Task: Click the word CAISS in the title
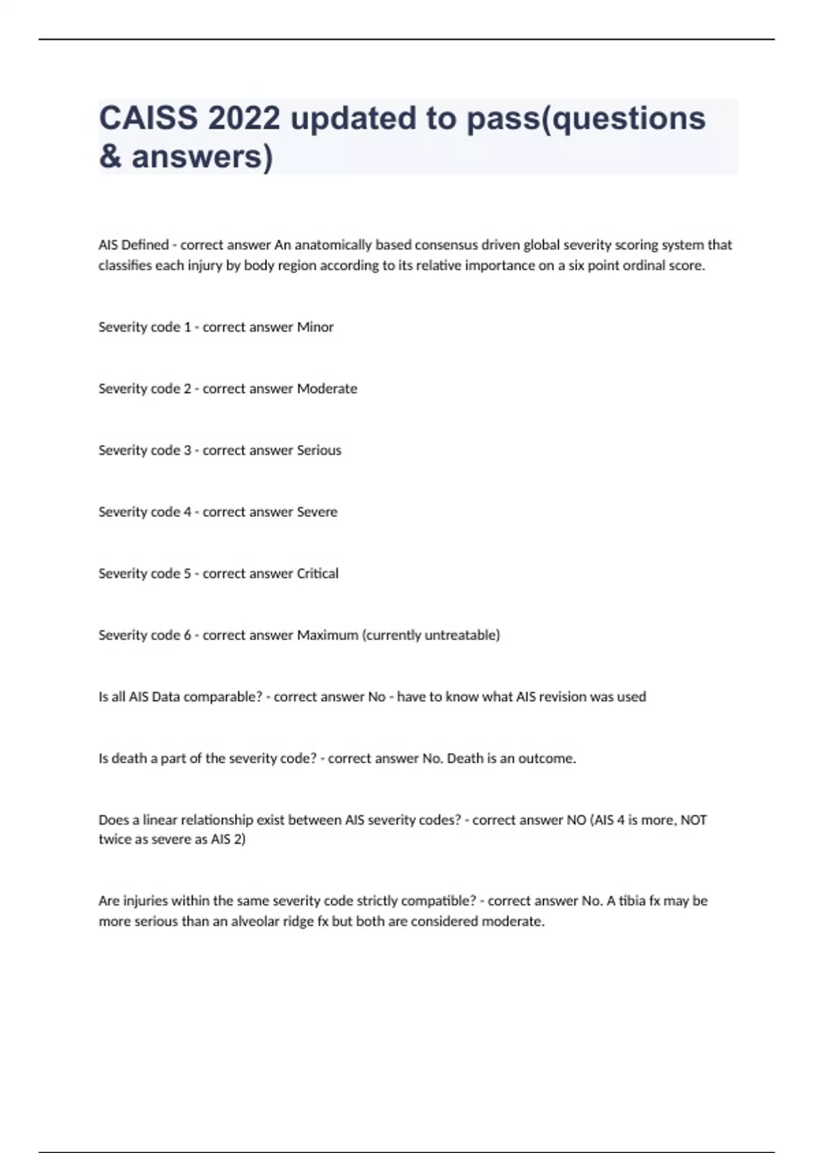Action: [149, 118]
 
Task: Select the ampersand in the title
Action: [110, 157]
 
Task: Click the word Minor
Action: [315, 327]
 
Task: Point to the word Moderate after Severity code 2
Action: [327, 389]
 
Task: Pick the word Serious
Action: [319, 450]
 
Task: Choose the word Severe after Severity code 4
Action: [317, 512]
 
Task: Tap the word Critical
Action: [317, 574]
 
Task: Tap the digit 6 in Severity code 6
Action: [187, 636]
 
